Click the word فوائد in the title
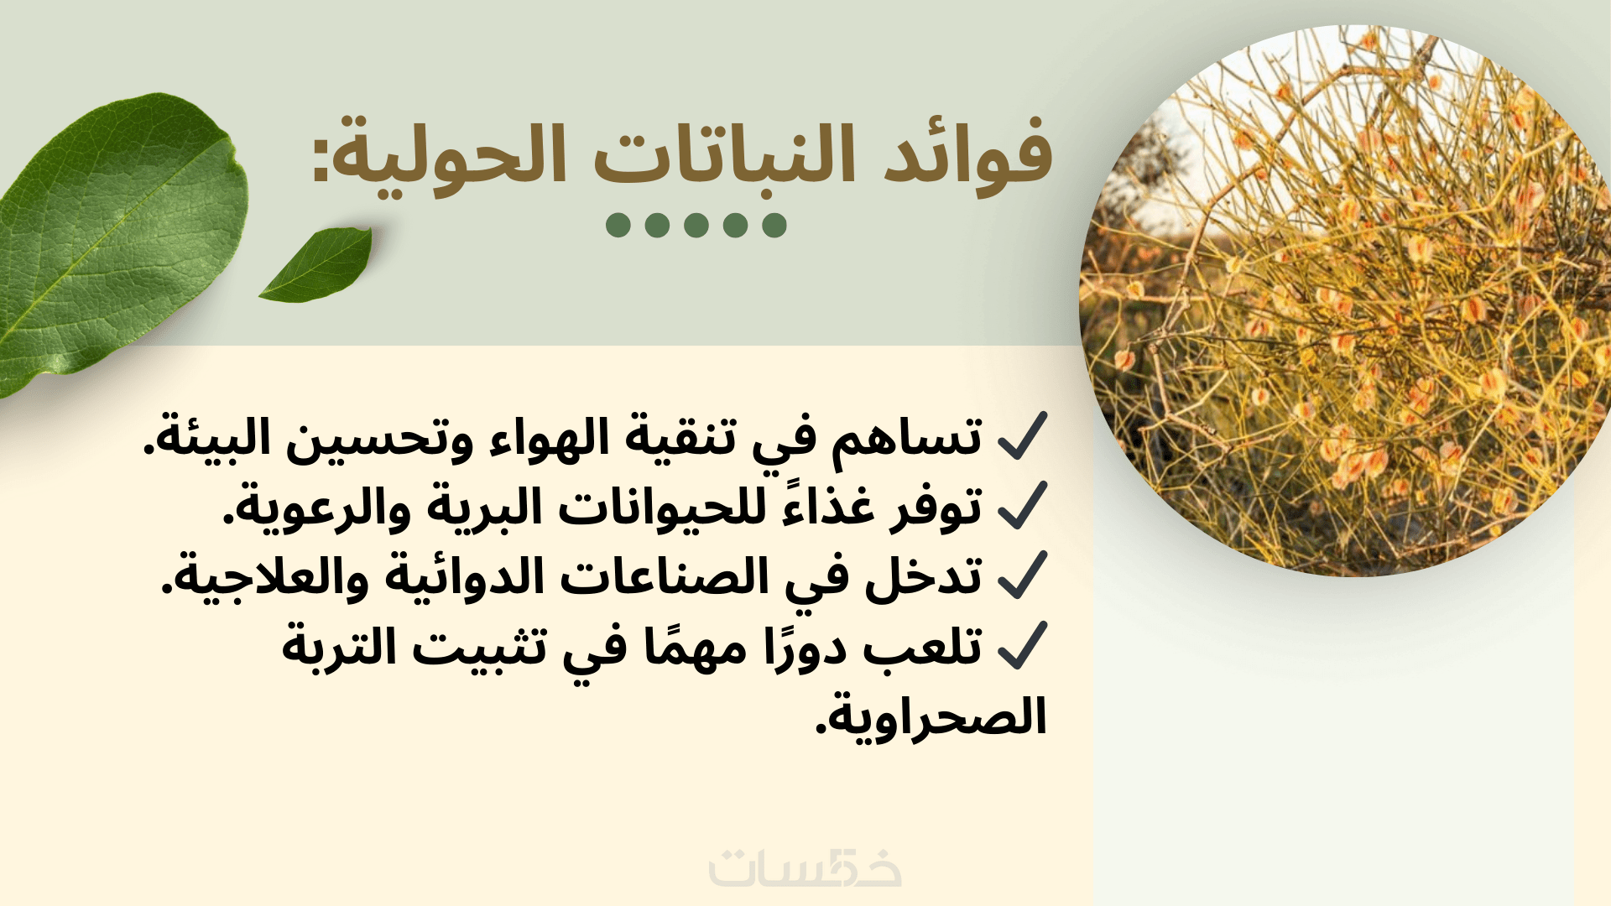coord(968,155)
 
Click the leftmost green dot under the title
coord(618,225)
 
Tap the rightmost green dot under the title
coord(774,225)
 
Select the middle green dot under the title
coord(696,225)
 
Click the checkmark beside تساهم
coord(1023,436)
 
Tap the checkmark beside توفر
coord(1023,506)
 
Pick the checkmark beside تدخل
coord(1023,575)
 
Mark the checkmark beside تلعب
coord(1023,645)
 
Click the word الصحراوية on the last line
coord(931,717)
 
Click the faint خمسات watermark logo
coord(805,867)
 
